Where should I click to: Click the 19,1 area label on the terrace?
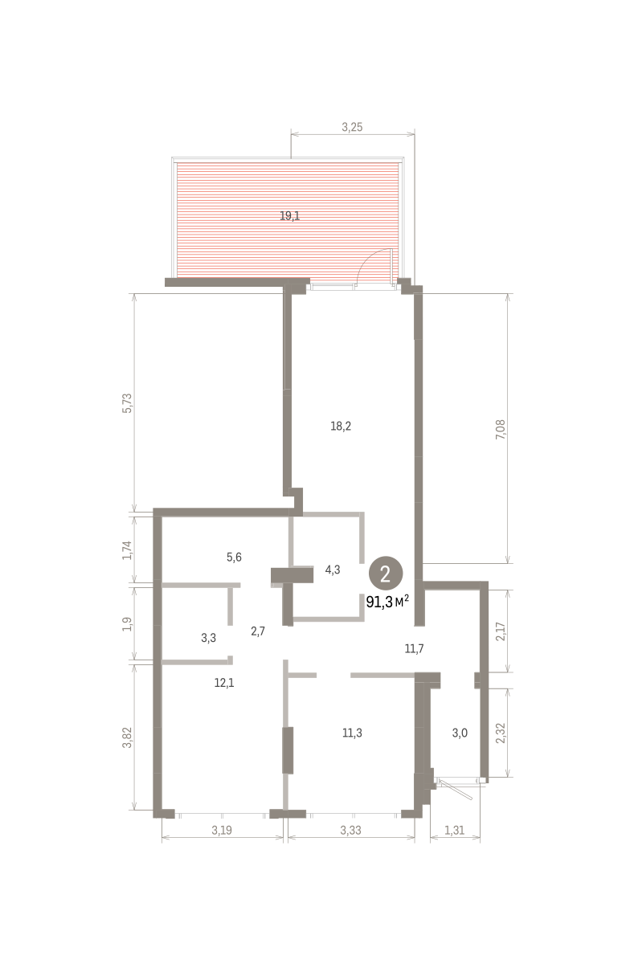point(289,215)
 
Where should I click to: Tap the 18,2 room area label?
point(341,426)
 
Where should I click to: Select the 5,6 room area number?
point(234,558)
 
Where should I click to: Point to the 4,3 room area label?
point(333,570)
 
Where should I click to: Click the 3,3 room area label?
point(208,638)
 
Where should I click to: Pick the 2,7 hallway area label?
point(258,631)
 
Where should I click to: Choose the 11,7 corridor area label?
point(414,648)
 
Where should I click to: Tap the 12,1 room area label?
point(224,683)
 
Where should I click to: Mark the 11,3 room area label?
point(352,733)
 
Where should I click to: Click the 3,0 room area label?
point(460,733)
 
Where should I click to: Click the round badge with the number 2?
point(386,574)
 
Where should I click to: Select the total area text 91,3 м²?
point(387,602)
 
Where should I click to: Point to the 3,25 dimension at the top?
point(352,127)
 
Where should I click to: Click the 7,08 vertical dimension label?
point(501,429)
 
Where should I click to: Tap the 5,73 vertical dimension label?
point(128,403)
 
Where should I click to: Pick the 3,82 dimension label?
point(127,737)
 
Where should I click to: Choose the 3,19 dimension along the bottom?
point(222,830)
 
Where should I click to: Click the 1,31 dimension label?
point(455,830)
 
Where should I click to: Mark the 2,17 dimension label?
point(501,631)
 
